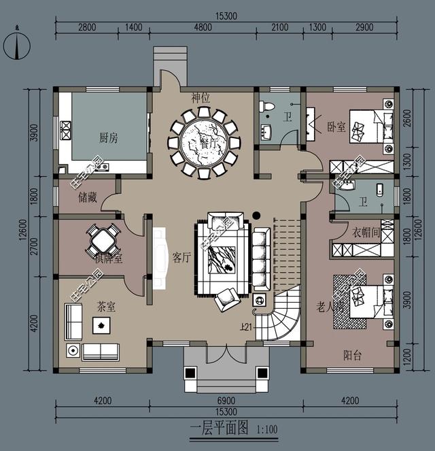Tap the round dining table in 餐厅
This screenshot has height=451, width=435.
point(204,142)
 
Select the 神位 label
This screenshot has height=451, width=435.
point(201,98)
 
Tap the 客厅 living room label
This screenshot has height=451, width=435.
point(181,257)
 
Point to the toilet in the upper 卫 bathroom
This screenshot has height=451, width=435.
point(268,107)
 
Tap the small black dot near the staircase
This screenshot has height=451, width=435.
point(256,216)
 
